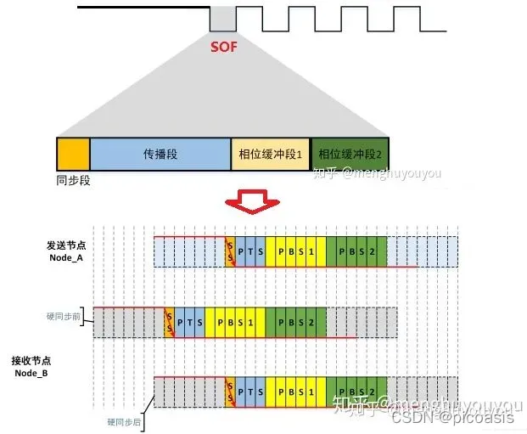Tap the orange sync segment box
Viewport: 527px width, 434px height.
pos(73,155)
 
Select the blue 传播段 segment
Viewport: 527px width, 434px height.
pos(160,155)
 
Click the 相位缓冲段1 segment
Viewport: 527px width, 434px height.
pos(270,155)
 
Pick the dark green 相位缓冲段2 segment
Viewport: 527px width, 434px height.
pos(349,155)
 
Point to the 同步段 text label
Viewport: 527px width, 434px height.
pos(73,181)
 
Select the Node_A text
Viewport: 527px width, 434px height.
pos(68,256)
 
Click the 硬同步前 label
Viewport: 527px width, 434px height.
pos(64,316)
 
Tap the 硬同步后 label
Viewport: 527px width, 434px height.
pos(124,420)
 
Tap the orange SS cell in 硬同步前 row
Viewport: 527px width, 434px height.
pos(169,322)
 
